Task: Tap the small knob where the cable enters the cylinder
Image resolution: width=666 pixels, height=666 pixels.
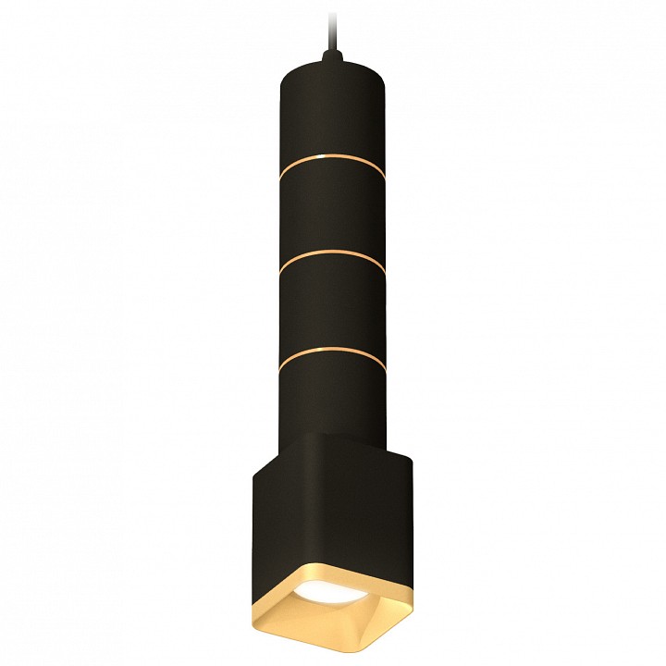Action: pos(330,61)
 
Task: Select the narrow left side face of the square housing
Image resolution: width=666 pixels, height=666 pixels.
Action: pos(274,527)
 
